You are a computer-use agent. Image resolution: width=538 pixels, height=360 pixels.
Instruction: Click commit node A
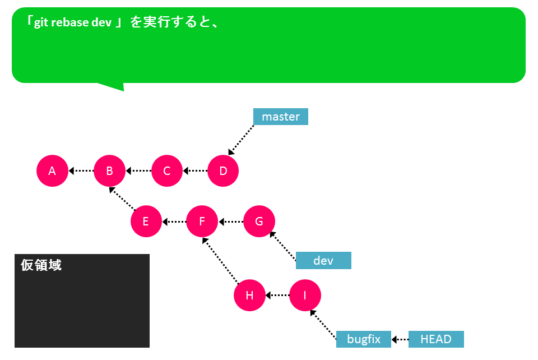(52, 170)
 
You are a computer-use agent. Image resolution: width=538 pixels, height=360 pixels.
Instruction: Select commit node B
(109, 170)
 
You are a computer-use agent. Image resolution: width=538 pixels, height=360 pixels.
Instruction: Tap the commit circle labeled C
(167, 170)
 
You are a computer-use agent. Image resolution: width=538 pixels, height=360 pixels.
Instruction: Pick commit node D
(223, 170)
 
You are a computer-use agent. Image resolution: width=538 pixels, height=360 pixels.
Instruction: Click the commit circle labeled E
(146, 221)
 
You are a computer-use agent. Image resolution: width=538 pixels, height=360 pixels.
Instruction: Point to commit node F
(202, 221)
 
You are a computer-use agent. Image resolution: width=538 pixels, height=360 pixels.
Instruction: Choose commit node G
(259, 221)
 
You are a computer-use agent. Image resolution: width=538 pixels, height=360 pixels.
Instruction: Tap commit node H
(249, 295)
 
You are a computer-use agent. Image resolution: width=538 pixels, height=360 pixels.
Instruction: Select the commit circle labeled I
(305, 295)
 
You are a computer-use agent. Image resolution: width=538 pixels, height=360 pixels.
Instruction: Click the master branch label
(281, 117)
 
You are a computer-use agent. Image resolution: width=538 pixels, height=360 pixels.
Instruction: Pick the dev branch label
(323, 261)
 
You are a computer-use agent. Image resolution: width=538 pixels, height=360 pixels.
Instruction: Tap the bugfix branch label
(364, 339)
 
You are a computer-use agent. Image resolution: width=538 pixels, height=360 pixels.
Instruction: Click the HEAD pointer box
(436, 339)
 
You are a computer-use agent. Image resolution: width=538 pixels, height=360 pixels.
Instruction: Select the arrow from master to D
(241, 140)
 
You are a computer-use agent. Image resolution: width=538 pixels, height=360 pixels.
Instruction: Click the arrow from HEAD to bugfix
(400, 339)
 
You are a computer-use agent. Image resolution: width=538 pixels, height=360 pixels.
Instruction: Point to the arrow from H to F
(220, 261)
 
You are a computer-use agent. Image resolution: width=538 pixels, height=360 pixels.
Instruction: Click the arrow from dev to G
(282, 246)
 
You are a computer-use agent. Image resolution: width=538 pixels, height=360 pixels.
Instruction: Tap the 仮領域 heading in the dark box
(41, 265)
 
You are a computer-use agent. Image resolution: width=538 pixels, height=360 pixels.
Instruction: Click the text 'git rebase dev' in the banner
(73, 22)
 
